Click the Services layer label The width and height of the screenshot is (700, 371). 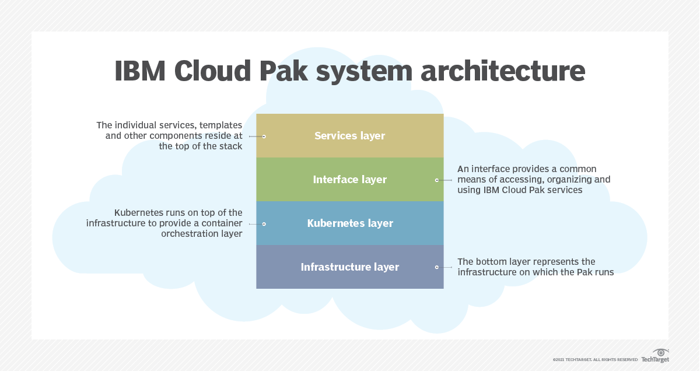pos(349,136)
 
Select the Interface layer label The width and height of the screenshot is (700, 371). pos(349,180)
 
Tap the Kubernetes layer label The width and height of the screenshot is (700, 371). pos(350,223)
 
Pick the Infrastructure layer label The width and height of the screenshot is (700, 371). pos(350,267)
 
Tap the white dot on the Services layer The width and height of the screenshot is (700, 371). pos(264,136)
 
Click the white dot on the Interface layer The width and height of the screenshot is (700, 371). pos(436,180)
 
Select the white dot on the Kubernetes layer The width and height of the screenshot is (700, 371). pos(264,223)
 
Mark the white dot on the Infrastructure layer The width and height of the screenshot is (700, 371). pos(436,267)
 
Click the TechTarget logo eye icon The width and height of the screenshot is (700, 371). pos(661,352)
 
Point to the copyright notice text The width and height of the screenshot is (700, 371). pos(595,359)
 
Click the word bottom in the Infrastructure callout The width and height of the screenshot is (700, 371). pos(492,261)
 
